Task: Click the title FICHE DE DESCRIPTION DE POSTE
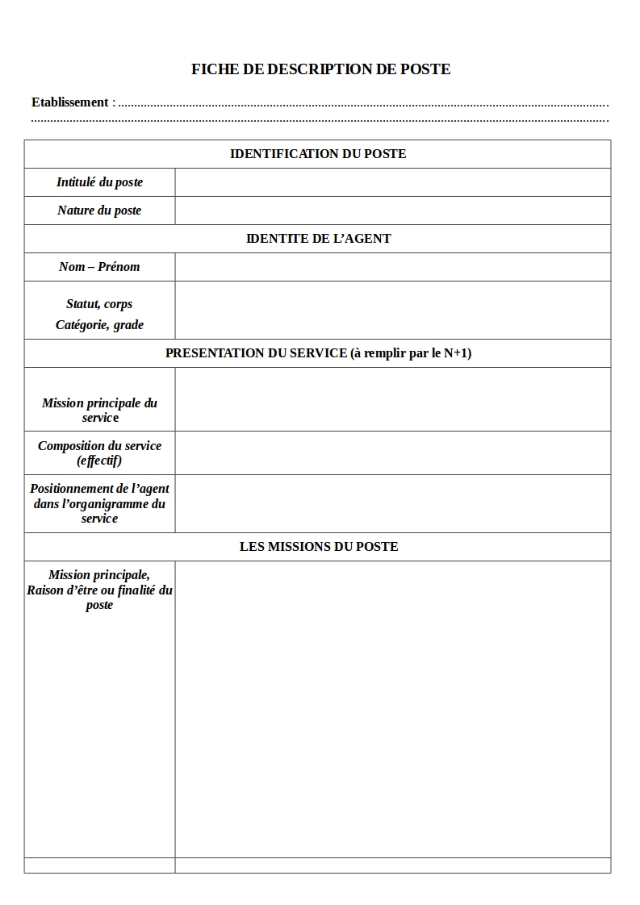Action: coord(320,69)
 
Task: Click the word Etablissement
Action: coord(69,102)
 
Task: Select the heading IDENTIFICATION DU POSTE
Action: coord(318,154)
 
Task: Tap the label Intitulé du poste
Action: coord(99,182)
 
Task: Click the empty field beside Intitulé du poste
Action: coord(392,182)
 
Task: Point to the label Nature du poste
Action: coord(99,211)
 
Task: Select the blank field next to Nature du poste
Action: coord(392,211)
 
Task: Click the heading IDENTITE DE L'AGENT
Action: coord(318,239)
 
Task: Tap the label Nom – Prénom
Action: coord(99,267)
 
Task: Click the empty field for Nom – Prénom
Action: coord(392,267)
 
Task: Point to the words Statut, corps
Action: coord(99,304)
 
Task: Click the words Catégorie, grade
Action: coord(99,325)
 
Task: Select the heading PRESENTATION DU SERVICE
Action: coord(256,353)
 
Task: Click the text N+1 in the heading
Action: coord(457,353)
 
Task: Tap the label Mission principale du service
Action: coord(99,410)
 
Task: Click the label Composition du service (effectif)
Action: coord(99,452)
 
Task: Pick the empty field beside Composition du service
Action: coord(392,452)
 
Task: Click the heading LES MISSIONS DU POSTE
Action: coord(318,547)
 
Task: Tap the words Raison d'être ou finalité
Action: coord(90,590)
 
